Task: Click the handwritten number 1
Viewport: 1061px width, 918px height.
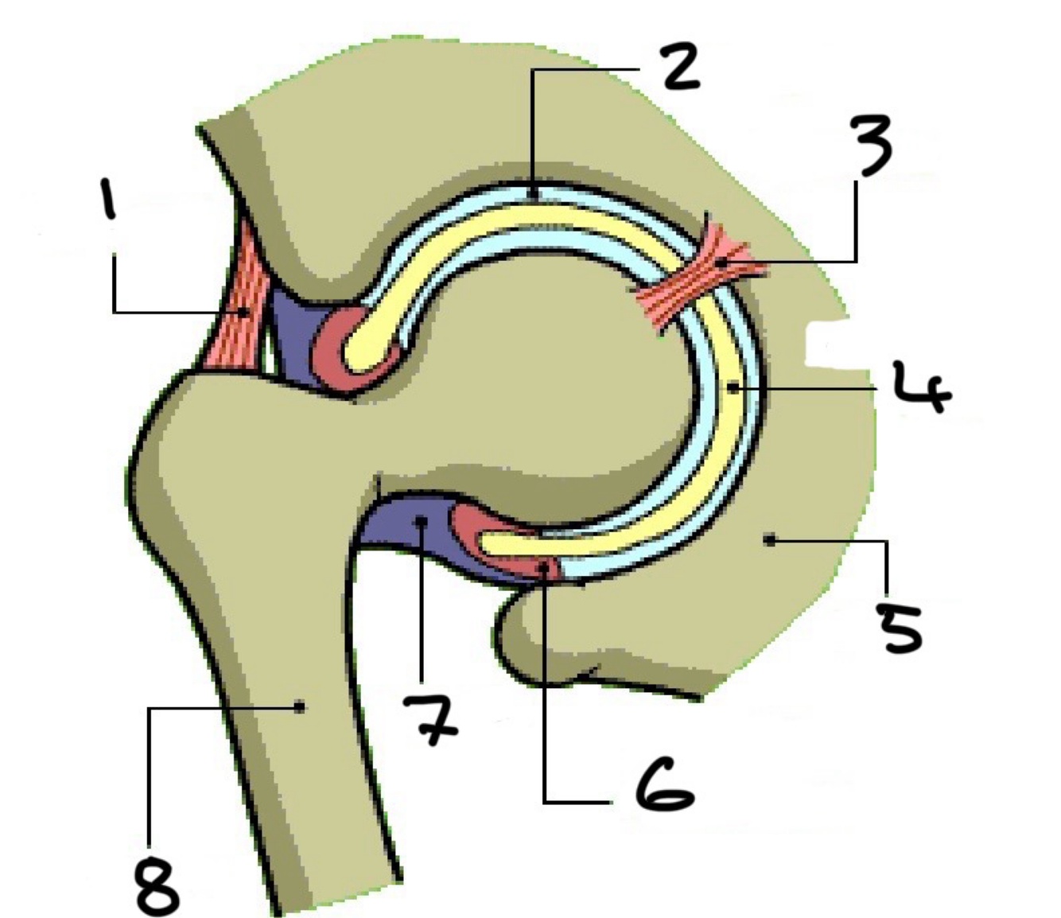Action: pyautogui.click(x=107, y=198)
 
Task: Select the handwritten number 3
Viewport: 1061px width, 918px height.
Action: pyautogui.click(x=869, y=144)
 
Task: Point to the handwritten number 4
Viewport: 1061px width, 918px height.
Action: pyautogui.click(x=920, y=387)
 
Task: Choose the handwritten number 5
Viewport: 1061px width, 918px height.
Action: pyautogui.click(x=899, y=626)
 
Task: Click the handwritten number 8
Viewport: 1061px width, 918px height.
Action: pyautogui.click(x=157, y=886)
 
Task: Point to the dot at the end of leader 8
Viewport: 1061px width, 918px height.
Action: pyautogui.click(x=300, y=706)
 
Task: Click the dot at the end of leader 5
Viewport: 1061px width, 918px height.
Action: pyautogui.click(x=768, y=541)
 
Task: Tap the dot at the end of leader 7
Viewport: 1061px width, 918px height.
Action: pyautogui.click(x=421, y=522)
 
